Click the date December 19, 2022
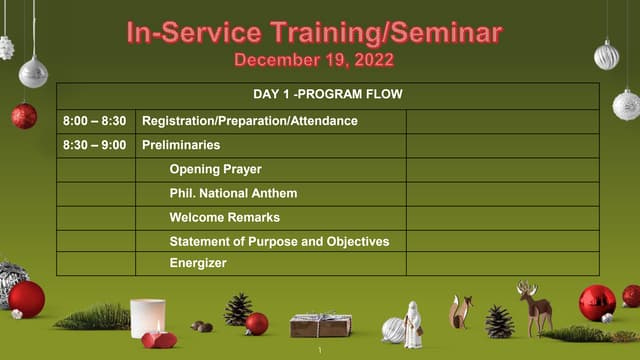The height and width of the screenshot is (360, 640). tap(314, 60)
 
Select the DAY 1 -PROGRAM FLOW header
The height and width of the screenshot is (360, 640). tap(328, 95)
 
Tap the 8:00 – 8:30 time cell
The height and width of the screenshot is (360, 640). tap(94, 121)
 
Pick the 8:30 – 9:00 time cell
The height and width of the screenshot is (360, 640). tap(94, 145)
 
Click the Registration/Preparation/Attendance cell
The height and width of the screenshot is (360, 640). tap(250, 121)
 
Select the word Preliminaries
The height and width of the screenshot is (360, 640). tap(181, 145)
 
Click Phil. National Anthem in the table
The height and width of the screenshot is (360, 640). tap(233, 193)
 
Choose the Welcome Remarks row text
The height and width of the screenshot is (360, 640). tap(224, 217)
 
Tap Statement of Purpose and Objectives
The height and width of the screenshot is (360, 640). tap(279, 241)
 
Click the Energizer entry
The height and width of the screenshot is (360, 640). tap(198, 263)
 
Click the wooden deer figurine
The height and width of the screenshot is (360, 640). tap(534, 307)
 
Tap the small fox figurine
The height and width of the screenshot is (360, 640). tap(460, 312)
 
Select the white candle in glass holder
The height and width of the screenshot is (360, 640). tap(148, 317)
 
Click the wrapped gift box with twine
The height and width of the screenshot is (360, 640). tap(320, 324)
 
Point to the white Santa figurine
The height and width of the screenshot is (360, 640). tap(412, 324)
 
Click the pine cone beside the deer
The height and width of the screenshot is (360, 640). tap(499, 321)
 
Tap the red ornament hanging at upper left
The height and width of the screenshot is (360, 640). tap(24, 116)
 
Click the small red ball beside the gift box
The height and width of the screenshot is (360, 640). tap(257, 323)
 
